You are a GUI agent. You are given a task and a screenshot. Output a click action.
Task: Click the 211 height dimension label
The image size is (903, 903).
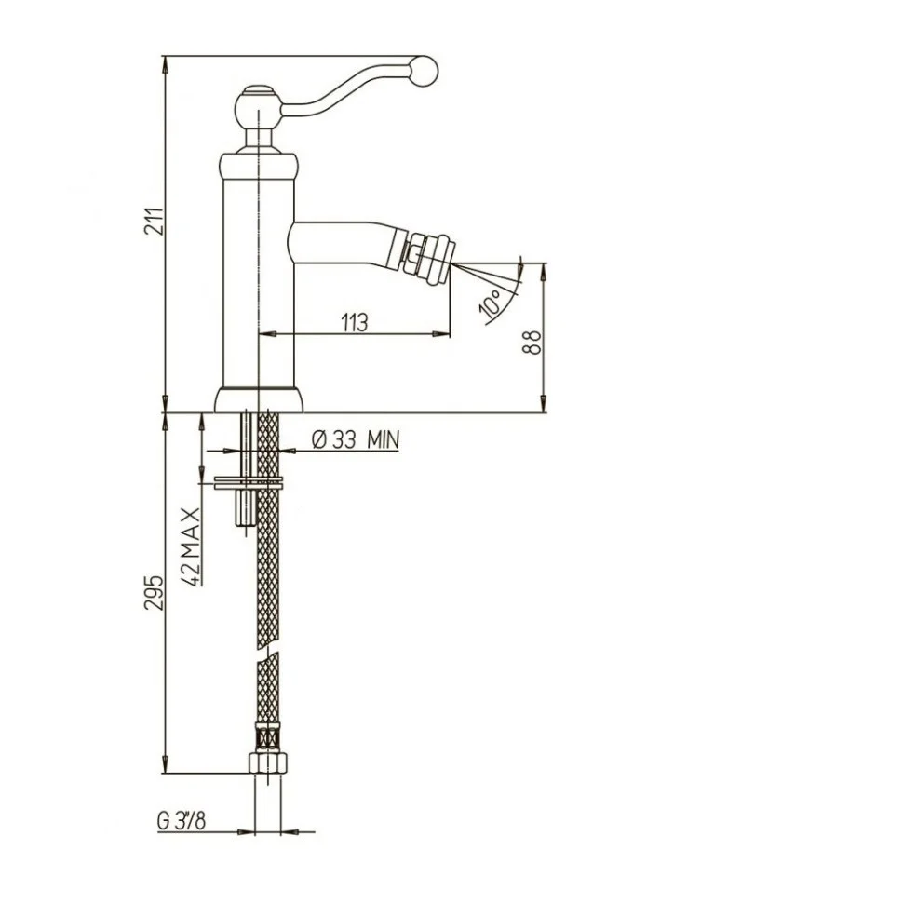tap(155, 221)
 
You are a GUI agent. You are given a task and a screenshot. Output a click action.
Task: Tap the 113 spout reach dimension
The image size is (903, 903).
tap(354, 322)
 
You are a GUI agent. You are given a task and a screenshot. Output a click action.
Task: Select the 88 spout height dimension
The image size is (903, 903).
tap(532, 342)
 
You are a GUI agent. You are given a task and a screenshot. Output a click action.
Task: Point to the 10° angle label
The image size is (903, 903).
tap(492, 303)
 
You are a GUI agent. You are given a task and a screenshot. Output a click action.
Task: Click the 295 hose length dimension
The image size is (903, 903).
tap(155, 592)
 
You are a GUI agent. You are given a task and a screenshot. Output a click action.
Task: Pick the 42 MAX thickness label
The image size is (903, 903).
tap(191, 546)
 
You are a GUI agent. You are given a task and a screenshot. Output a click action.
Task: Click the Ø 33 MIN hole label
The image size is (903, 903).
tap(356, 440)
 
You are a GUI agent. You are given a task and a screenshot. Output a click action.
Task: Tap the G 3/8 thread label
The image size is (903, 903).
tap(181, 821)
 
